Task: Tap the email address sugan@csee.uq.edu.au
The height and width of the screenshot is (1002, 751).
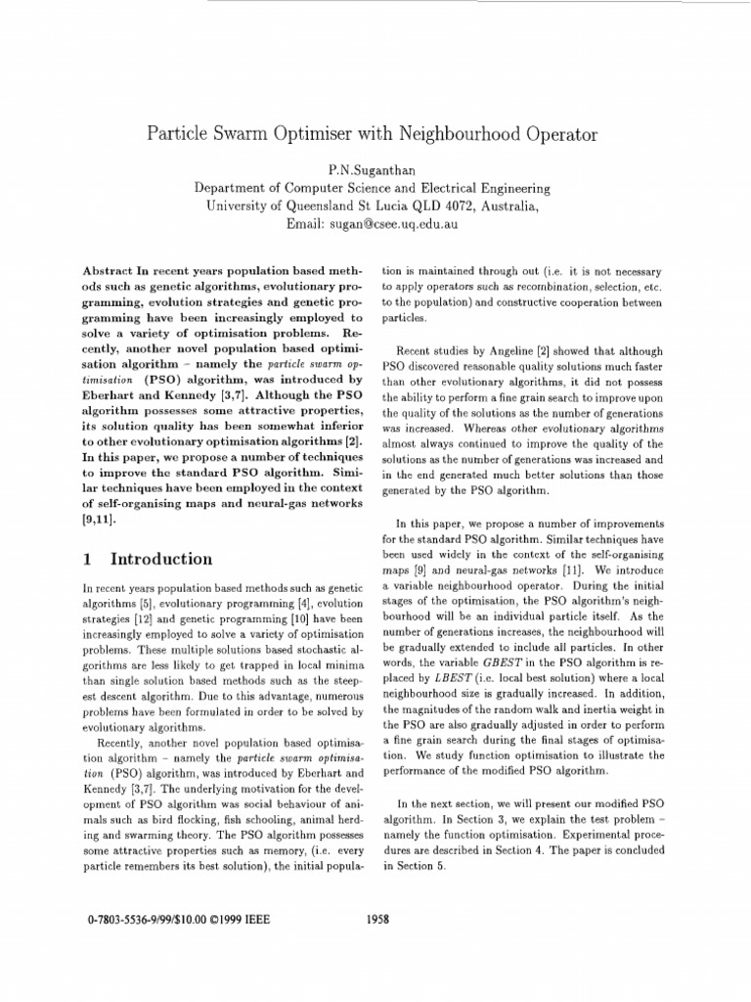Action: pyautogui.click(x=395, y=224)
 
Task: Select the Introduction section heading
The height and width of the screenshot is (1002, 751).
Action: pyautogui.click(x=161, y=559)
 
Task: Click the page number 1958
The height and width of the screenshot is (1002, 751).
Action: pyautogui.click(x=376, y=920)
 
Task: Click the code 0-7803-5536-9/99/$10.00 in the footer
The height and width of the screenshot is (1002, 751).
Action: pyautogui.click(x=142, y=920)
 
